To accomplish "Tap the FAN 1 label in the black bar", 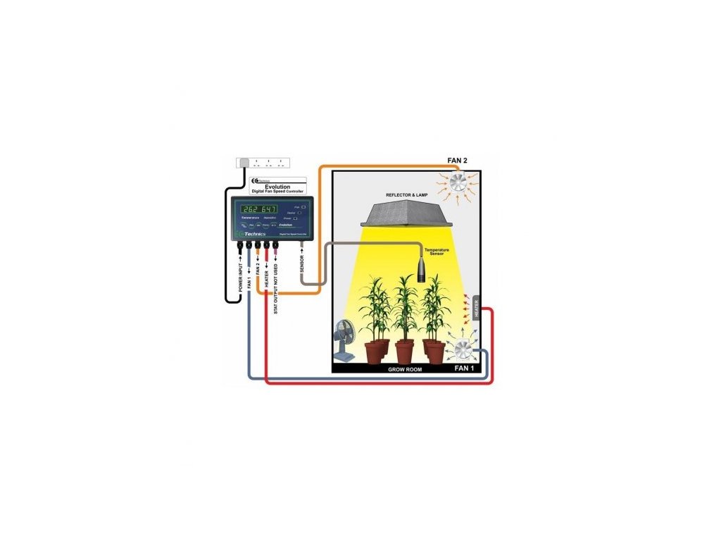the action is point(463,368).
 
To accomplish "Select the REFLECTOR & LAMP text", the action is point(407,194).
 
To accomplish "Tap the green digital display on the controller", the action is point(258,209).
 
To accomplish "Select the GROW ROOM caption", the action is point(405,369).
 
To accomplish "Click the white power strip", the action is point(264,163).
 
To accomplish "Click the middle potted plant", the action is point(404,317).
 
